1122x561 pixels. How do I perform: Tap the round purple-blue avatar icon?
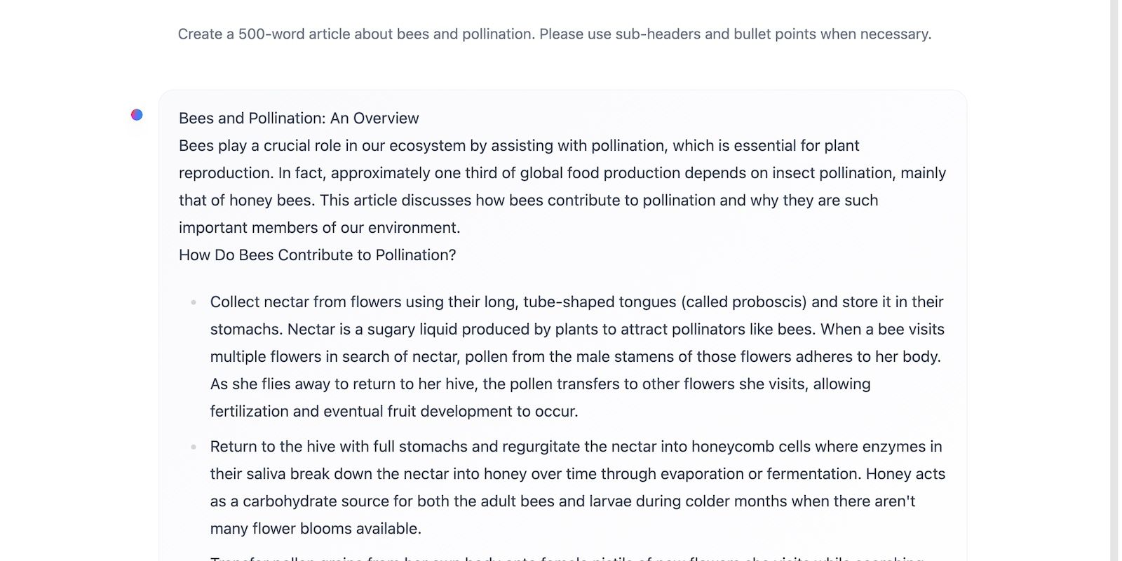[x=137, y=114]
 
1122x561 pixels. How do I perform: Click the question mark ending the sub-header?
[x=452, y=255]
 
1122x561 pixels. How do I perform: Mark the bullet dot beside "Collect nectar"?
[x=194, y=302]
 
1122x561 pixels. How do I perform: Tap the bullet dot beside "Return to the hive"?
[x=194, y=447]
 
